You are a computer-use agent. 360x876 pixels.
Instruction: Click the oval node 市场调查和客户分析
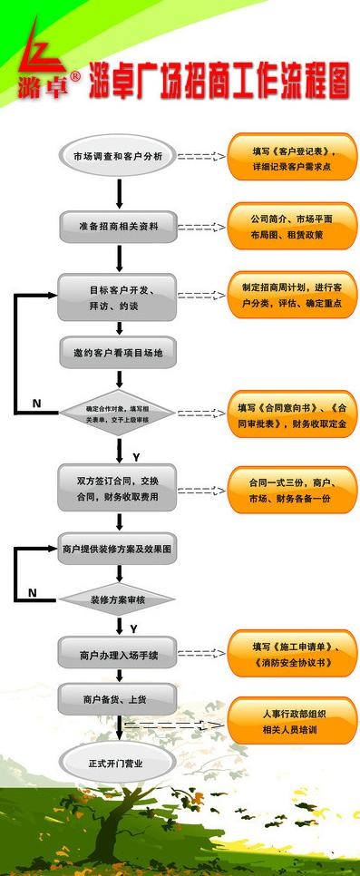(x=118, y=156)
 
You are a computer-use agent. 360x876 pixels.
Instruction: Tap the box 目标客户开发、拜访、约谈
(x=118, y=297)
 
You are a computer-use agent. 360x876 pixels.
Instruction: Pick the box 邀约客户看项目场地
(x=118, y=352)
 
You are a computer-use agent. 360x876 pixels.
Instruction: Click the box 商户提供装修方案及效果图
(x=118, y=550)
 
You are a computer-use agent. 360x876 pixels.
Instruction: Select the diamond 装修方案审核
(x=118, y=599)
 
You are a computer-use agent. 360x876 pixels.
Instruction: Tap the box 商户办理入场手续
(x=118, y=654)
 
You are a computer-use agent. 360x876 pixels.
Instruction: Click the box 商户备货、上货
(x=118, y=701)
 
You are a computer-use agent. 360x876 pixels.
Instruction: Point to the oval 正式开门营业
(x=118, y=763)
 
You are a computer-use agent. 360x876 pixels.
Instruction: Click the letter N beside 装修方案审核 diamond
(x=33, y=593)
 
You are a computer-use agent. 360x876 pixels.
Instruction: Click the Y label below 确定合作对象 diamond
(x=137, y=455)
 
